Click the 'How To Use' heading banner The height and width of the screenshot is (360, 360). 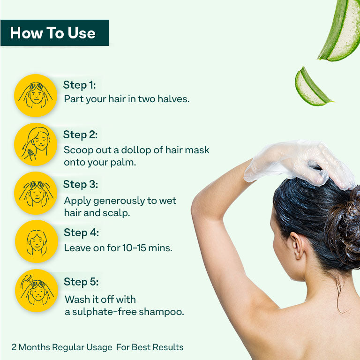coord(54,33)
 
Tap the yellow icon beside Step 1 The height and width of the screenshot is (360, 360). coord(36,96)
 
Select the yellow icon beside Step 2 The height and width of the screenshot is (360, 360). coord(36,144)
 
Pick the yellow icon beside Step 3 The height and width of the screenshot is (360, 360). coord(36,193)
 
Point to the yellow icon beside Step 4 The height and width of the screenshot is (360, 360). coord(37,241)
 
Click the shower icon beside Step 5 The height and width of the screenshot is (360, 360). coord(37,291)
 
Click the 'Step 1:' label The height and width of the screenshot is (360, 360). coord(79,85)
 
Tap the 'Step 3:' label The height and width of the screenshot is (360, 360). coord(81,185)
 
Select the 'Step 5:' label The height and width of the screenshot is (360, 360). coord(81,282)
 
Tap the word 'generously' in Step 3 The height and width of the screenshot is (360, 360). coord(119,201)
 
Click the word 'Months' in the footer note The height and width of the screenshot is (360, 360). coord(34,347)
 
